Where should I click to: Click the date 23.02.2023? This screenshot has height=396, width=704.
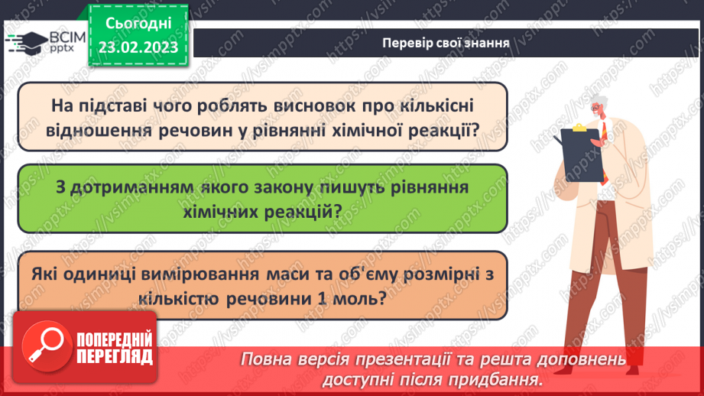coord(138,48)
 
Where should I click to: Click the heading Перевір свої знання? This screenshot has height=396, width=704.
coord(446,41)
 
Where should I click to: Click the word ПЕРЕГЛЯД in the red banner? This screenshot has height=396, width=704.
coord(114,356)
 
